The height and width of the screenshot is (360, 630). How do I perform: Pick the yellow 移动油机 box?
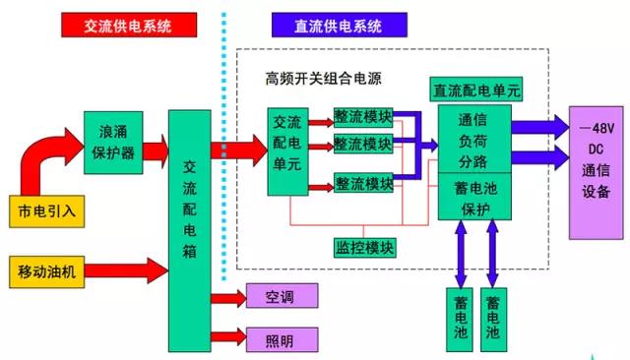[46, 269]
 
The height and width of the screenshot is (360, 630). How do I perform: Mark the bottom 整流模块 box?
[363, 182]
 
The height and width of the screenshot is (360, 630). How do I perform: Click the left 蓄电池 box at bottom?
[460, 316]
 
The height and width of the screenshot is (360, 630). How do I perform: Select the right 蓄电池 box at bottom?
[493, 316]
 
